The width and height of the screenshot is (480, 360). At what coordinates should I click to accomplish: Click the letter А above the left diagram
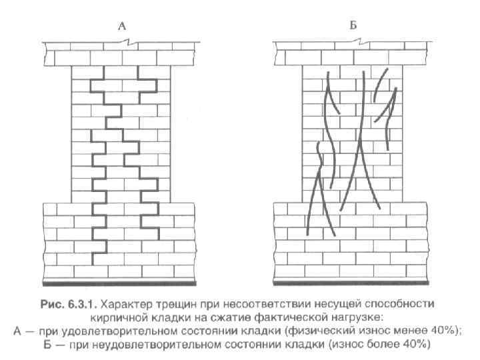pyautogui.click(x=122, y=27)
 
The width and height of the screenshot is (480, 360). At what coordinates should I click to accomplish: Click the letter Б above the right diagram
pyautogui.click(x=354, y=27)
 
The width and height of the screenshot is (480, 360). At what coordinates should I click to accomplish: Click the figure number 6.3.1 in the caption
pyautogui.click(x=84, y=303)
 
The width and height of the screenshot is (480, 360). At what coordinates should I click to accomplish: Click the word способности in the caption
pyautogui.click(x=397, y=303)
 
